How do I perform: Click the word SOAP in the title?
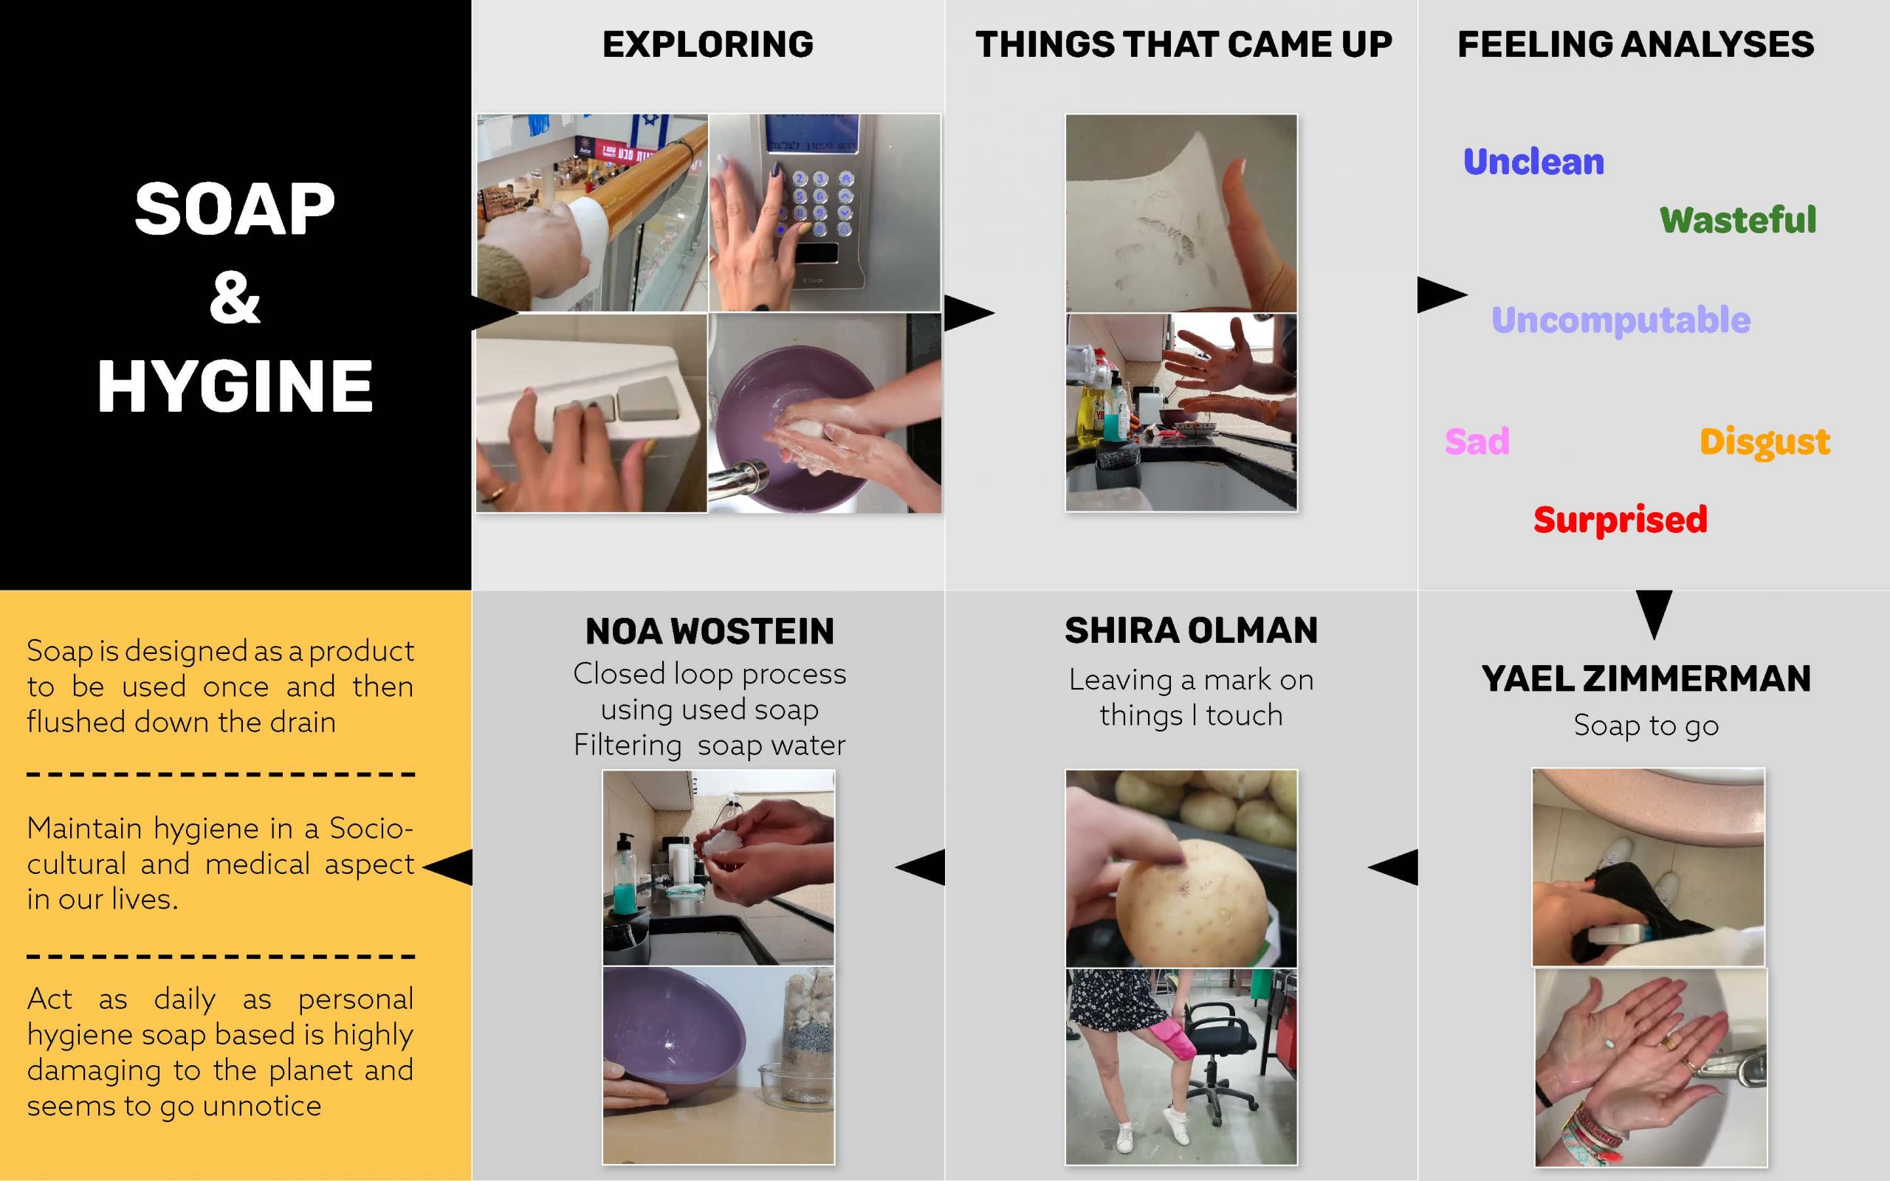pos(234,210)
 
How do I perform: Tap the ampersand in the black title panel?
pos(234,297)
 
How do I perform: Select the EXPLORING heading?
pos(707,44)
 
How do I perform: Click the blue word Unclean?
pos(1533,162)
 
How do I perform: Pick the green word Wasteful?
pos(1738,219)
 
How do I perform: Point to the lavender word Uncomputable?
pos(1621,320)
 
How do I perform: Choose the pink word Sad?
pos(1477,441)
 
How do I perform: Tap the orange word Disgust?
pos(1764,441)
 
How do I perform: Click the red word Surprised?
pos(1620,520)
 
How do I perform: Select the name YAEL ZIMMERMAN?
pos(1646,679)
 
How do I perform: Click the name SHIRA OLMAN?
pos(1190,630)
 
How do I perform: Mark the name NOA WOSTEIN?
pos(709,631)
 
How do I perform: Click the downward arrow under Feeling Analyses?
pos(1653,613)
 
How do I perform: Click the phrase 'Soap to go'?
pos(1646,726)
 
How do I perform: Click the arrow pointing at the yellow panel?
pos(450,867)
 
